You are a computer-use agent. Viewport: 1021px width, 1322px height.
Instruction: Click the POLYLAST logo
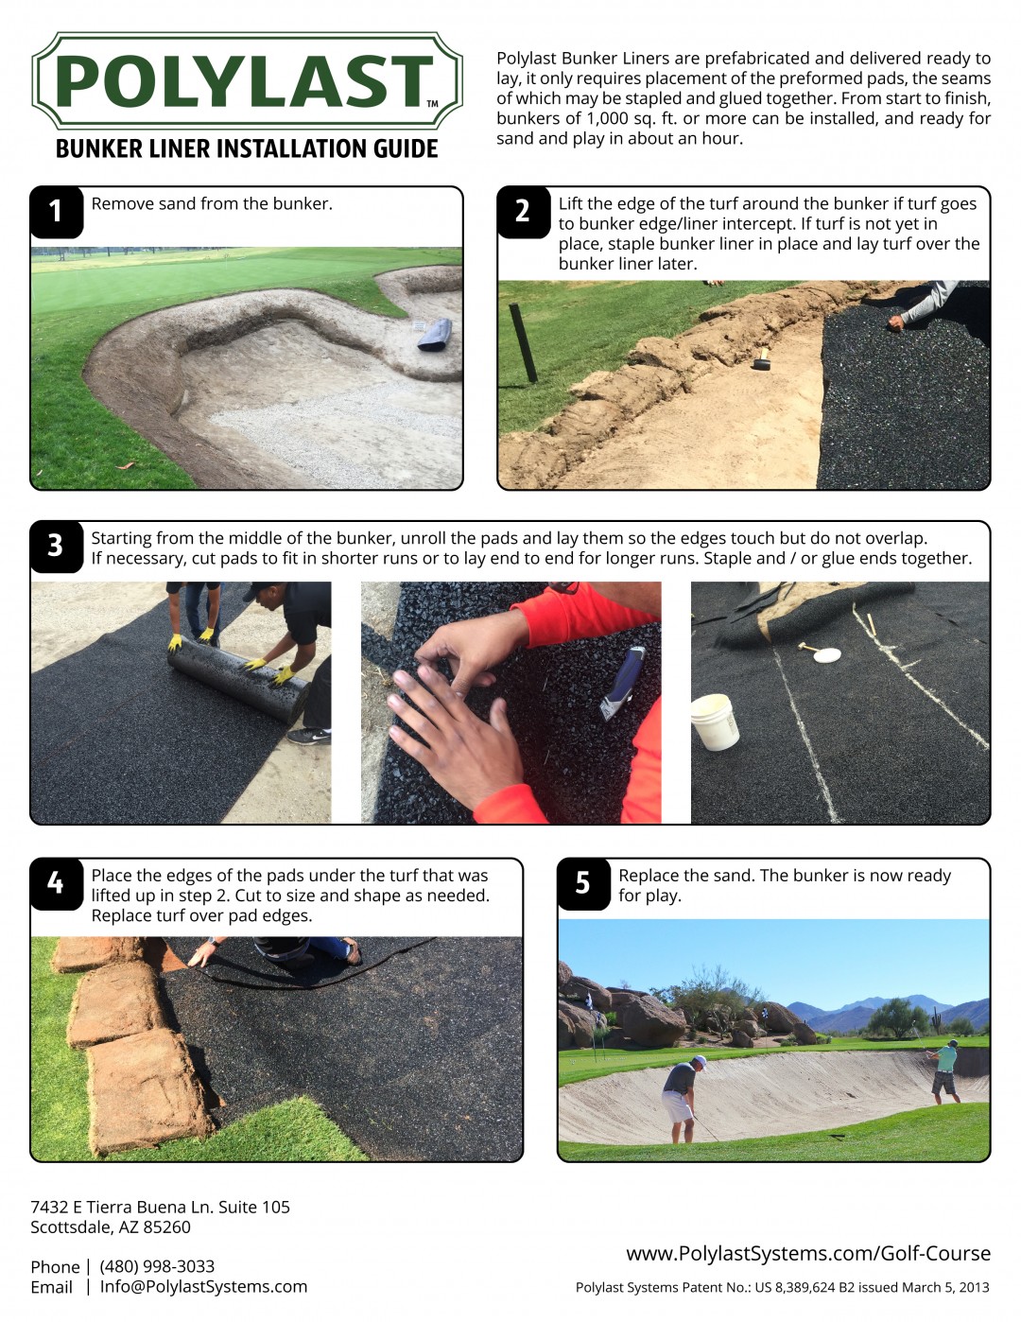(x=247, y=81)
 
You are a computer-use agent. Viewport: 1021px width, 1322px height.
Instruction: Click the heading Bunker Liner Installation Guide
(x=247, y=149)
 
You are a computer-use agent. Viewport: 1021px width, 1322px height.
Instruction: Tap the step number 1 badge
(x=56, y=211)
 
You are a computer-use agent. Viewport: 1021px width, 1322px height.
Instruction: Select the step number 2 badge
(x=523, y=211)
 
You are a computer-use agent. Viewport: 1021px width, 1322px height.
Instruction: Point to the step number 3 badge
(x=56, y=546)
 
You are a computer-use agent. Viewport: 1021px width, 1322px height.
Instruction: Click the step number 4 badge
(x=56, y=883)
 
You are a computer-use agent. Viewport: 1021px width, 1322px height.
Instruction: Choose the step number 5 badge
(x=583, y=883)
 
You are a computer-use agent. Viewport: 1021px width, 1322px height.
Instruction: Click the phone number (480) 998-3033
(x=157, y=1266)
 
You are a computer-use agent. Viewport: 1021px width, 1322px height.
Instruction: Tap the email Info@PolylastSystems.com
(x=203, y=1287)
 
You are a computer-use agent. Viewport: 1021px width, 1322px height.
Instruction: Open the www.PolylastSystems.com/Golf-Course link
(x=808, y=1254)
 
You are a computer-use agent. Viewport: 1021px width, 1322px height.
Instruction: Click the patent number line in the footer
(x=782, y=1287)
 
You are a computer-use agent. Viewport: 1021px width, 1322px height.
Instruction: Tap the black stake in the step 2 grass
(x=523, y=342)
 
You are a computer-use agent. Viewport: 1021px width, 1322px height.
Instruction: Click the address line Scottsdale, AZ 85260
(x=111, y=1227)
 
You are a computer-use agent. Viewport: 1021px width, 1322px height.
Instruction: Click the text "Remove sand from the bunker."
(x=212, y=204)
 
